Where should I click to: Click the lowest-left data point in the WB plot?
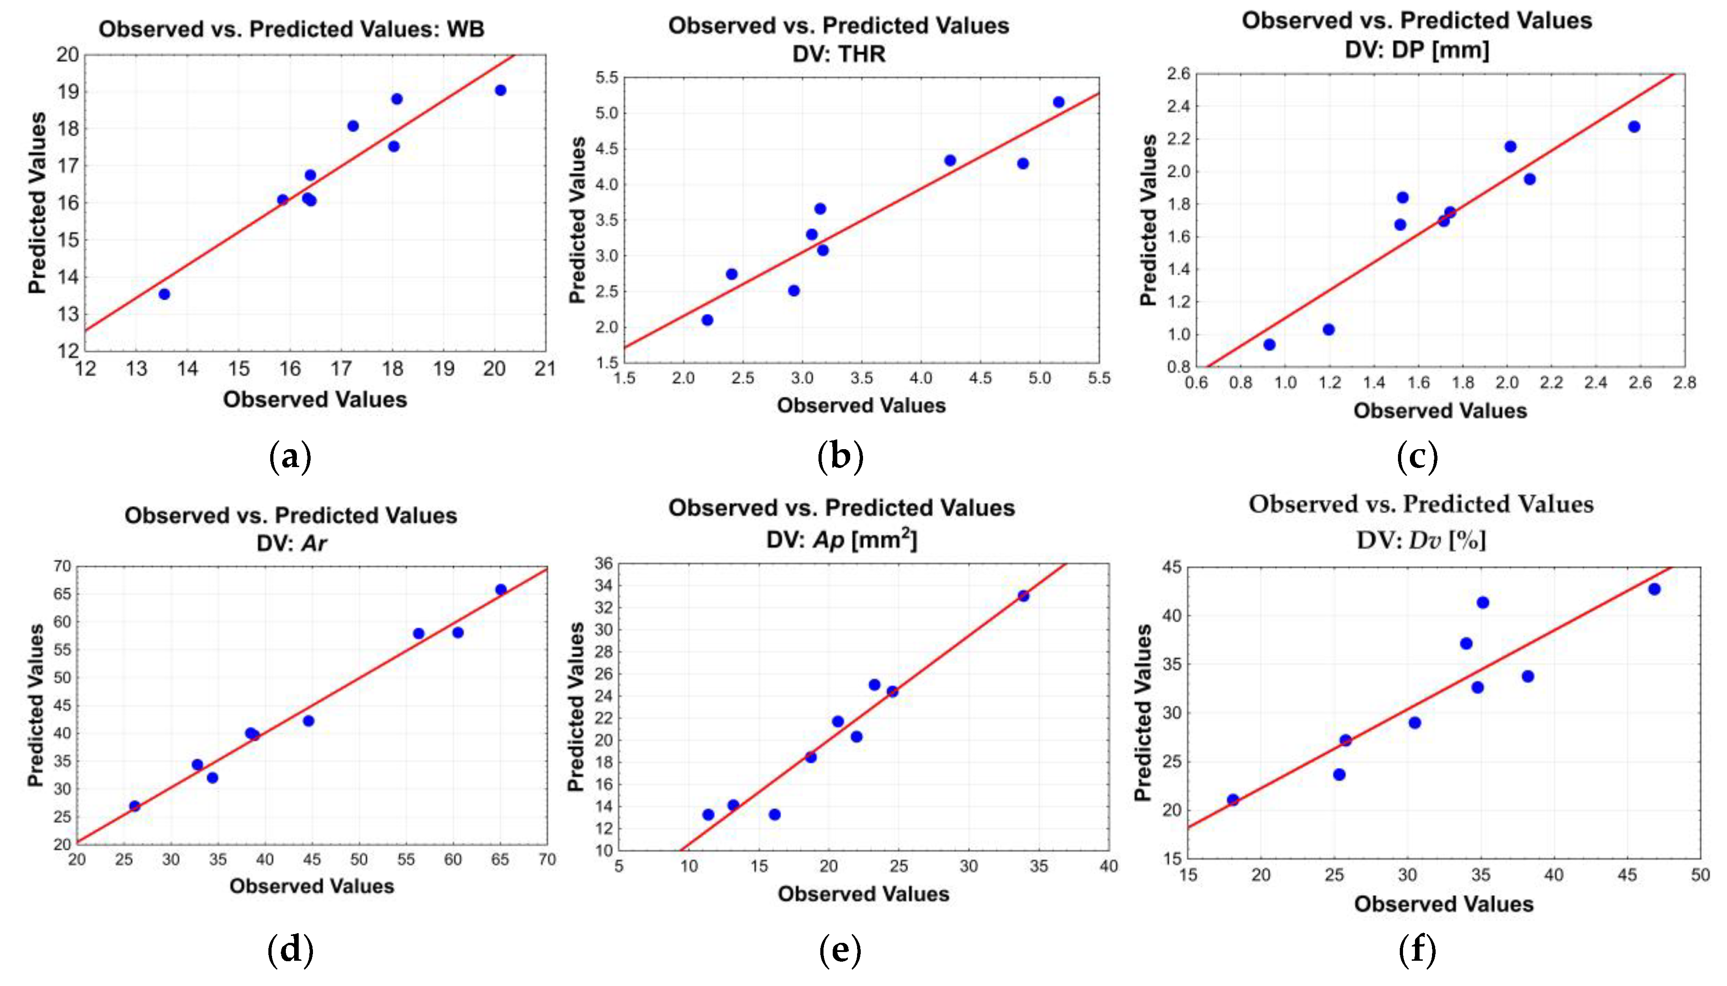point(164,294)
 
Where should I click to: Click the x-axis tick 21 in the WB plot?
point(545,369)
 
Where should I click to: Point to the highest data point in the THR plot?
point(1058,102)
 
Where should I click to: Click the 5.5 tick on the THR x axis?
point(1098,378)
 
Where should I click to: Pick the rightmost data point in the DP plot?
point(1634,127)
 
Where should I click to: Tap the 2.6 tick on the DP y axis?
point(1178,74)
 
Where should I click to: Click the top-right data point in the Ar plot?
point(501,589)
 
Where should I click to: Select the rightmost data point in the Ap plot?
point(1023,596)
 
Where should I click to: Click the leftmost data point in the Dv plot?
point(1233,800)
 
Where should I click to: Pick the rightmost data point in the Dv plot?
point(1654,589)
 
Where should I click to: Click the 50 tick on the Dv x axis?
point(1700,875)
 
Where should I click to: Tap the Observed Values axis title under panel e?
point(863,894)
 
